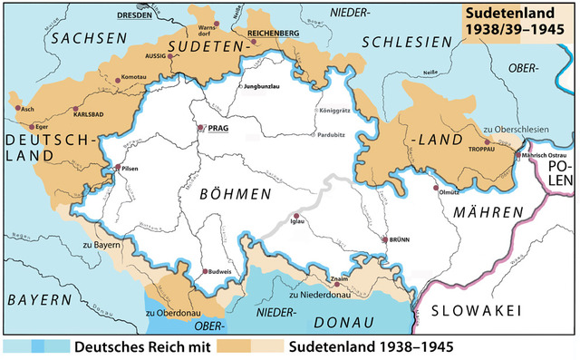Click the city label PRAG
pos(218,130)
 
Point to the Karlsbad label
pos(94,116)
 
